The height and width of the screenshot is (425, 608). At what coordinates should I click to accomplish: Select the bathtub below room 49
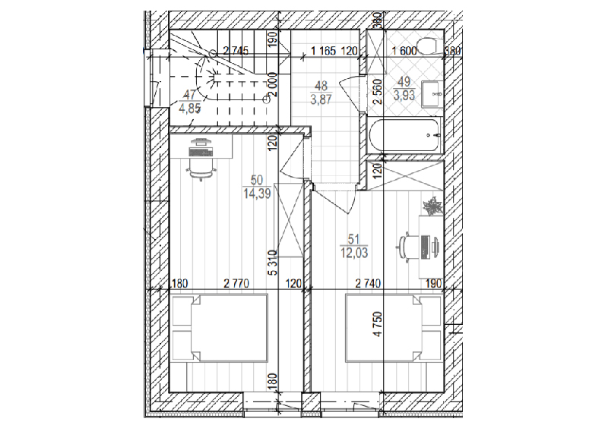pyautogui.click(x=405, y=135)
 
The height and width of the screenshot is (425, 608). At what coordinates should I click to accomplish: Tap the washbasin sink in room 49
pyautogui.click(x=430, y=93)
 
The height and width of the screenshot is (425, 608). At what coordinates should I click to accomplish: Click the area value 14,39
pyautogui.click(x=257, y=193)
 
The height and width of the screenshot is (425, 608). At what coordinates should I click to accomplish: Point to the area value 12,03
pyautogui.click(x=354, y=253)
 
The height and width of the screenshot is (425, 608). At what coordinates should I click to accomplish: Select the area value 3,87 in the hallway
pyautogui.click(x=321, y=99)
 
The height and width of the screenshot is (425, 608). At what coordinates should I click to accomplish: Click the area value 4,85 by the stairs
pyautogui.click(x=189, y=108)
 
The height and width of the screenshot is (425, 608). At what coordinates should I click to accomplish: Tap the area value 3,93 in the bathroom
pyautogui.click(x=404, y=95)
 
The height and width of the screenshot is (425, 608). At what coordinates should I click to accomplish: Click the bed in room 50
pyautogui.click(x=220, y=328)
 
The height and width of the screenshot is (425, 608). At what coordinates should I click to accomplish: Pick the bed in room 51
pyautogui.click(x=394, y=328)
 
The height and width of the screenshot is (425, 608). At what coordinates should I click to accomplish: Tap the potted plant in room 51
pyautogui.click(x=432, y=206)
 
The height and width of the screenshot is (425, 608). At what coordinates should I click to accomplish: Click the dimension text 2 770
pyautogui.click(x=236, y=284)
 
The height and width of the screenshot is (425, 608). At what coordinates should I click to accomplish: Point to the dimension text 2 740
pyautogui.click(x=368, y=284)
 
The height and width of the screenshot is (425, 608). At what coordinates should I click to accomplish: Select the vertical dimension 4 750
pyautogui.click(x=378, y=324)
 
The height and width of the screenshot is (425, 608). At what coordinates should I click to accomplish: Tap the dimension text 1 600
pyautogui.click(x=404, y=51)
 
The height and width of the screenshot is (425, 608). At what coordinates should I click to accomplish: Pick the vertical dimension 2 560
pyautogui.click(x=378, y=91)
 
